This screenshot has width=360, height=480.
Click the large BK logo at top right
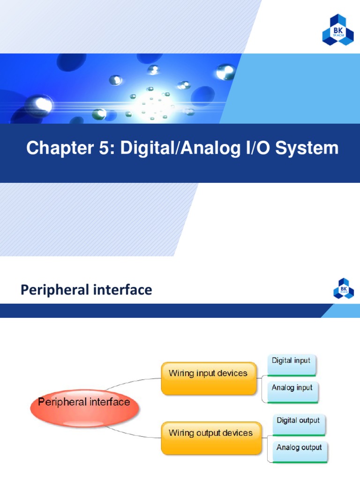coord(338,30)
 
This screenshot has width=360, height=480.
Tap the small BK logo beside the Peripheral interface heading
coord(343,288)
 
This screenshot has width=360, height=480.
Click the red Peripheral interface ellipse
coord(84,403)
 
